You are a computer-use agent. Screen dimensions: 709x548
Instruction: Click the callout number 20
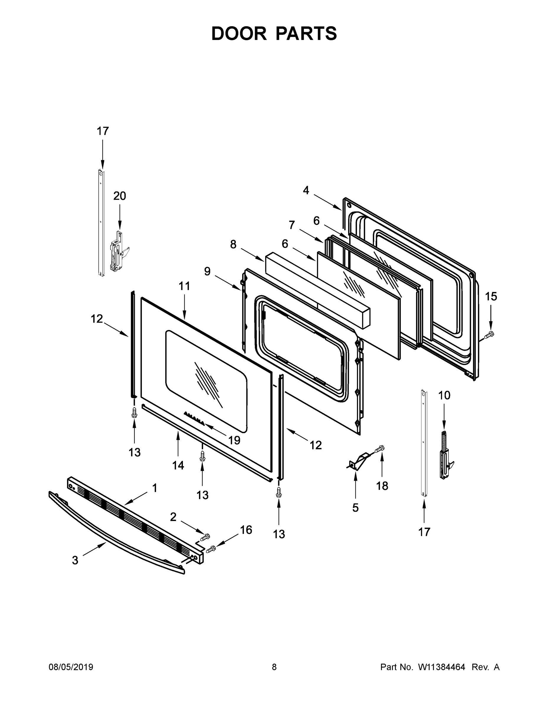tap(119, 196)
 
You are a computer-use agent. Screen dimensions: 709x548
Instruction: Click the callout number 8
tap(233, 245)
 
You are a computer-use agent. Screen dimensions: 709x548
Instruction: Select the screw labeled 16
tap(211, 549)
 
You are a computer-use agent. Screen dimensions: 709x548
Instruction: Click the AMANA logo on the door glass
tap(194, 418)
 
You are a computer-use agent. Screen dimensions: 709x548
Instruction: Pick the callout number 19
tap(234, 440)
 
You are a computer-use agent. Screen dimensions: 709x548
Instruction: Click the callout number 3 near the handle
tap(75, 560)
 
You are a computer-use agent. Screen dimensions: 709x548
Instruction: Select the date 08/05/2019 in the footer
tap(71, 667)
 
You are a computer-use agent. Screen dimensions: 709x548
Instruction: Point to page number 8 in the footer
tap(274, 667)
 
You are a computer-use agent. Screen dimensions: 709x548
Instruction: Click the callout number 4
tap(306, 191)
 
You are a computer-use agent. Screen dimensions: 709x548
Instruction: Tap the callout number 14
tap(178, 466)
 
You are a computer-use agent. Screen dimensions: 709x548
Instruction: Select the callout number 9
tap(207, 271)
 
